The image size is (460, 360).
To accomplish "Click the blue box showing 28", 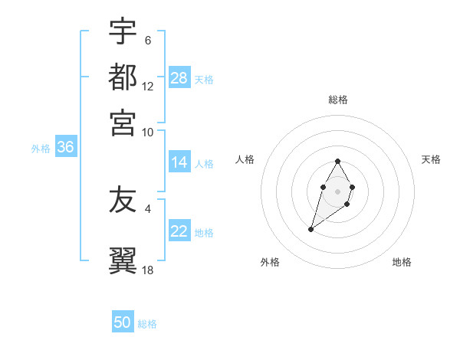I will (x=179, y=79).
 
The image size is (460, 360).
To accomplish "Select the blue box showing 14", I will (x=179, y=162).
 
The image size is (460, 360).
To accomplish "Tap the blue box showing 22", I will (x=179, y=231).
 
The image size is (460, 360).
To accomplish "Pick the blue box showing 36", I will (x=65, y=148).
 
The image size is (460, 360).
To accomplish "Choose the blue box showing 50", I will (x=123, y=322).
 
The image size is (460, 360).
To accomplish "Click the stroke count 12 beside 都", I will (x=148, y=87).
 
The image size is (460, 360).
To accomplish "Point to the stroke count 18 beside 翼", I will (x=148, y=270).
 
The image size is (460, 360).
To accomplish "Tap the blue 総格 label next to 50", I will (x=147, y=324).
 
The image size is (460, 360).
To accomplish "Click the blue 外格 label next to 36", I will (x=41, y=149).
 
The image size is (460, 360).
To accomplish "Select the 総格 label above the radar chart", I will (x=337, y=100).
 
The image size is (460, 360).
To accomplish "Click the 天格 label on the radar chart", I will (x=431, y=159).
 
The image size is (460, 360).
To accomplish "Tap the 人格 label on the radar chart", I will (x=245, y=159).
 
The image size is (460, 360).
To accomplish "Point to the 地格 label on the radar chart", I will (x=402, y=262).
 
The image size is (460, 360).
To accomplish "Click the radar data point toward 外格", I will (x=311, y=229).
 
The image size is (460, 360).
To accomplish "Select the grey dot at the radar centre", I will (x=337, y=190).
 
